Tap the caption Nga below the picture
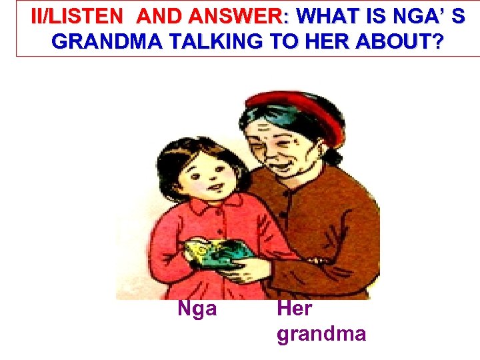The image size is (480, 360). [x=197, y=308]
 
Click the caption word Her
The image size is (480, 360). [x=294, y=308]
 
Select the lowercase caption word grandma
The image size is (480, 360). [x=321, y=333]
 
